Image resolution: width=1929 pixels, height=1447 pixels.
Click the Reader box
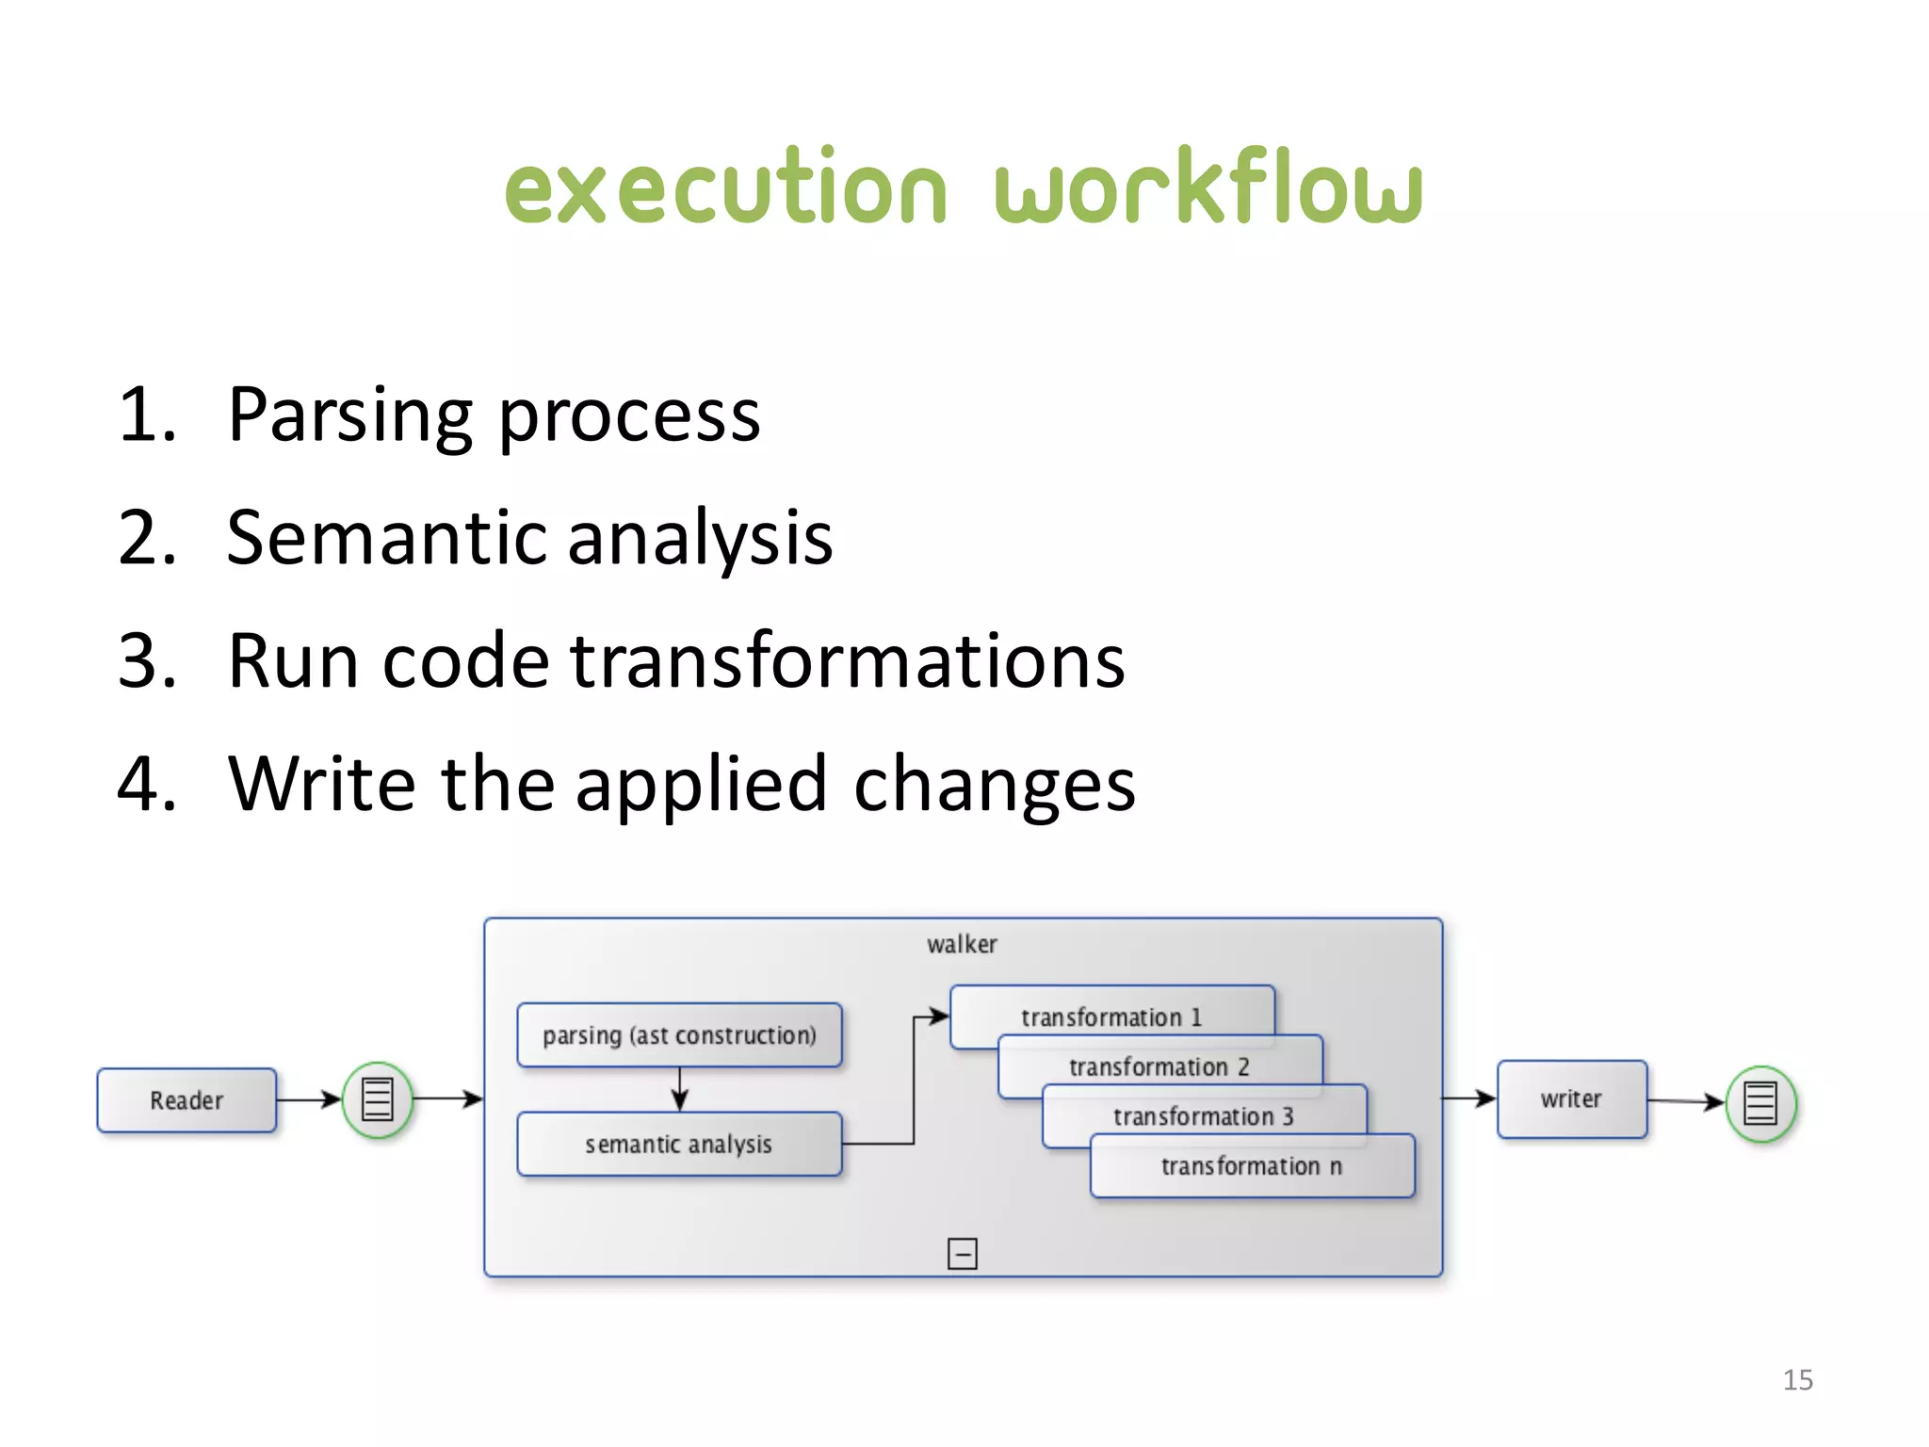coord(186,1099)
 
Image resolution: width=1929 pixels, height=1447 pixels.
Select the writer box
coord(1571,1098)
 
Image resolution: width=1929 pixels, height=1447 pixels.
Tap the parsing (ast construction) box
coord(679,1034)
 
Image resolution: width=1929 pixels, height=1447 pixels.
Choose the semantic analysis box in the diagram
coord(679,1144)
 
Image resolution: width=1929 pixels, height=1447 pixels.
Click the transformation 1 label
coord(1111,1017)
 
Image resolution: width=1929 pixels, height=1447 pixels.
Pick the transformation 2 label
coord(1159,1066)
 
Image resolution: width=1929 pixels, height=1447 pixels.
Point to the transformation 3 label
coord(1203,1116)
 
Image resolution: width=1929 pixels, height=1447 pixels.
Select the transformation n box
coord(1252,1166)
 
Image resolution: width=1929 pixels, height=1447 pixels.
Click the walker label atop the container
coord(962,944)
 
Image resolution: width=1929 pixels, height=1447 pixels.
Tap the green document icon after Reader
coord(377,1099)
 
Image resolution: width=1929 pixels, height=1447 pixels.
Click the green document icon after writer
coord(1760,1103)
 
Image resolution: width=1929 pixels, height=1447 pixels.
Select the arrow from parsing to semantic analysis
coord(680,1090)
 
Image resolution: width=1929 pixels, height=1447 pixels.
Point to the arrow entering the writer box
coord(1469,1098)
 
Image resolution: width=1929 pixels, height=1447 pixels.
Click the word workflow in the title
coord(1208,188)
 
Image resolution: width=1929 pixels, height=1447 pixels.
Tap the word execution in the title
coord(725,188)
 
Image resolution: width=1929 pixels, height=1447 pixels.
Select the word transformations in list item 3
coord(848,660)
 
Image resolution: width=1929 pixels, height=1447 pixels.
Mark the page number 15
coord(1797,1380)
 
